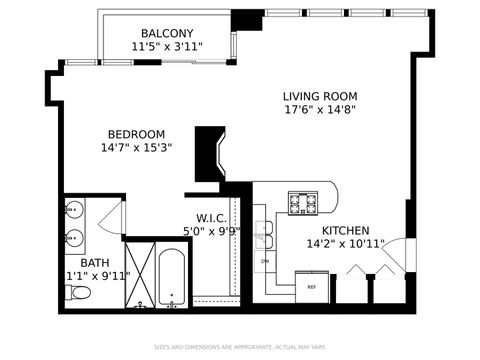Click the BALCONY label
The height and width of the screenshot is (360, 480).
[167, 32]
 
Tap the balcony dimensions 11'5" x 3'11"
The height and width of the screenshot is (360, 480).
[167, 46]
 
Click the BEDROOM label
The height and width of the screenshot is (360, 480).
[137, 134]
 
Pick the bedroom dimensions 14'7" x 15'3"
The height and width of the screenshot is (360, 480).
[137, 148]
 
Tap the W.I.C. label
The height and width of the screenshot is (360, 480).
[210, 218]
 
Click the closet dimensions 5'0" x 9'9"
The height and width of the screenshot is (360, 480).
[211, 231]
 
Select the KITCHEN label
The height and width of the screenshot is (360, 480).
[324, 229]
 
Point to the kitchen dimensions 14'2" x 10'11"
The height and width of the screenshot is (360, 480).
[324, 243]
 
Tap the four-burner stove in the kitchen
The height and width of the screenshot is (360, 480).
[303, 203]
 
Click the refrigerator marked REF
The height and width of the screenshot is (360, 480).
[310, 285]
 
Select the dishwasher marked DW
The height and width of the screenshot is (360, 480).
[265, 263]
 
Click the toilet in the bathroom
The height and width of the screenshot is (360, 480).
[78, 293]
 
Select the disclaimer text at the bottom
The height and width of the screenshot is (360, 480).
[240, 348]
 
